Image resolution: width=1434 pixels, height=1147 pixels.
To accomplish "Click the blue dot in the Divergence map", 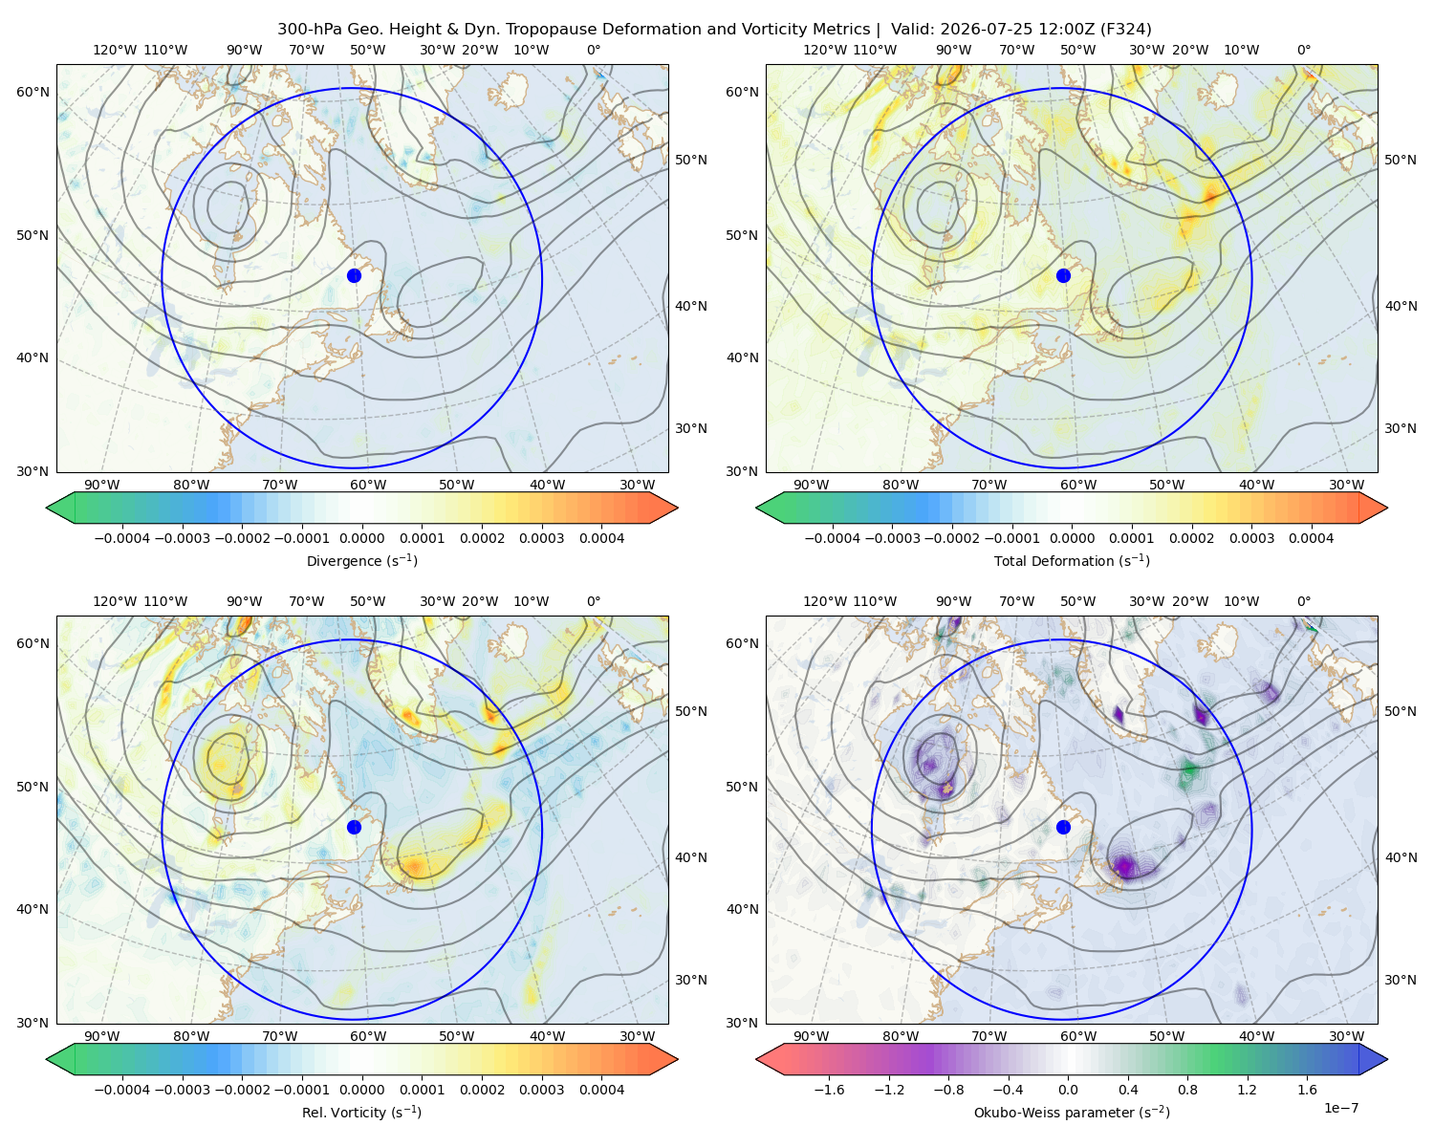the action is tap(354, 276).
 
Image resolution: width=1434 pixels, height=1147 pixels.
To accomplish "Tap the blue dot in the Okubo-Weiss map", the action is tap(1063, 827).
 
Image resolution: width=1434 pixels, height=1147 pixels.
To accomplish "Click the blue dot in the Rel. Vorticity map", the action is tap(354, 827).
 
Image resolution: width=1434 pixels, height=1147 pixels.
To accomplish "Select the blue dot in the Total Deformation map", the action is tap(1063, 276).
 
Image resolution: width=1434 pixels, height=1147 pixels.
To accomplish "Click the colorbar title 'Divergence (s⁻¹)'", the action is tap(361, 561).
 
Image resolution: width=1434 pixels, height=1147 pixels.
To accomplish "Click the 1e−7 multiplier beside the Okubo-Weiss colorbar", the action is tap(1340, 1108).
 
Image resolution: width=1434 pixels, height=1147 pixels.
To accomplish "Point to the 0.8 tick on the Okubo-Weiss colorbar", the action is tap(1187, 1090).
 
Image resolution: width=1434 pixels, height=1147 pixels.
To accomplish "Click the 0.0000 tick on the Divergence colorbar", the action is tap(361, 538).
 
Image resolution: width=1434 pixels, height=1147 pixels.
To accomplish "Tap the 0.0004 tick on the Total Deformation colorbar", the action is tap(1311, 538).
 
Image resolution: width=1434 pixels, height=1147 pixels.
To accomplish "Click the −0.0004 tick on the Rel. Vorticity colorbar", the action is tap(122, 1090).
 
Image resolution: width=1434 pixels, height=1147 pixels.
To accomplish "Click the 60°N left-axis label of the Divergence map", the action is tap(33, 92).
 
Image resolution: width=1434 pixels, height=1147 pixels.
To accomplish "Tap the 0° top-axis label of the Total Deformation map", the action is tap(1303, 50).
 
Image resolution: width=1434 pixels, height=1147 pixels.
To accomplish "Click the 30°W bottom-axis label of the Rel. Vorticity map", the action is tap(637, 1036).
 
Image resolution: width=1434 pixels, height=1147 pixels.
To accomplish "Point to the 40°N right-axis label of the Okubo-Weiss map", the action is tap(1401, 857).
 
